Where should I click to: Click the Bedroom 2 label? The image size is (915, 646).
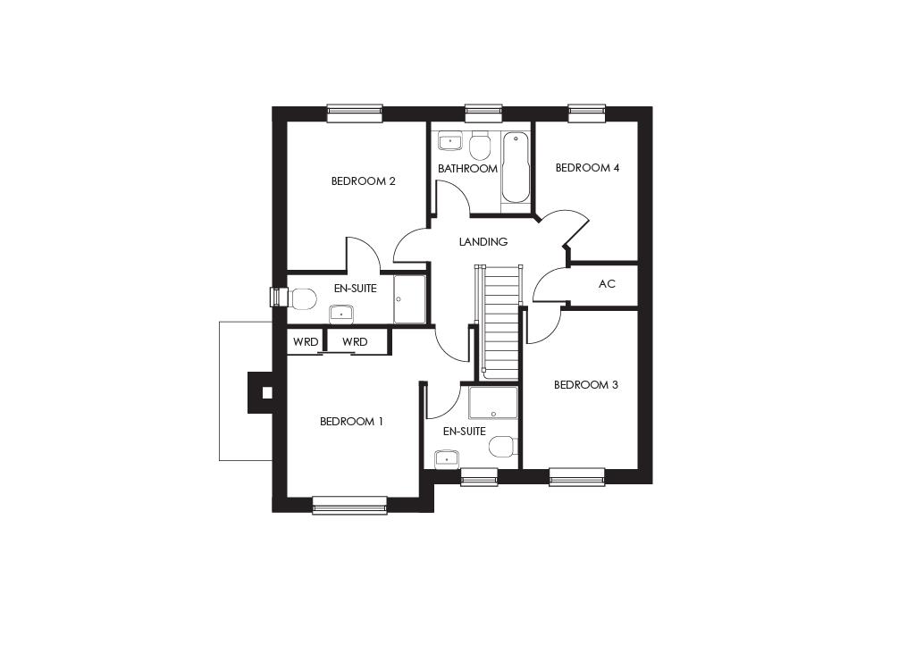363,181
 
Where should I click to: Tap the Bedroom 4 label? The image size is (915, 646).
587,168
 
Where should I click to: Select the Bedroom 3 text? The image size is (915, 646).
585,385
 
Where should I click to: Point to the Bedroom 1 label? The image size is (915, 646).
351,422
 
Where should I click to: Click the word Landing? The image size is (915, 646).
483,242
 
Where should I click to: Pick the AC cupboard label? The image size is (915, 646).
607,284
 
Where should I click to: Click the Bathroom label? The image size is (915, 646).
467,169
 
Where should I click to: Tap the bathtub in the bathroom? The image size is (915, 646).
515,168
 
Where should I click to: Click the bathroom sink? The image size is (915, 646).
449,141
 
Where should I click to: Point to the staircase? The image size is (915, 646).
500,322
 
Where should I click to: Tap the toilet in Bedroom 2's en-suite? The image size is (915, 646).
302,298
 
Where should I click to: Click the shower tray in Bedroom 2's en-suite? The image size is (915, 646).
410,298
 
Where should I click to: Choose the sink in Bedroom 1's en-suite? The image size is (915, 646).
446,459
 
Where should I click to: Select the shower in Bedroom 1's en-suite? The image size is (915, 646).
493,403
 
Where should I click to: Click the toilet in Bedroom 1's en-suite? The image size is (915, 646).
503,446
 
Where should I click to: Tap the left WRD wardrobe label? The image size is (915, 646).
306,342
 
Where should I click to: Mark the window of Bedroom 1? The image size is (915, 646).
349,506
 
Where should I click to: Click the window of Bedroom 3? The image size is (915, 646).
576,477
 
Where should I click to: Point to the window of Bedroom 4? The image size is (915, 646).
587,113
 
